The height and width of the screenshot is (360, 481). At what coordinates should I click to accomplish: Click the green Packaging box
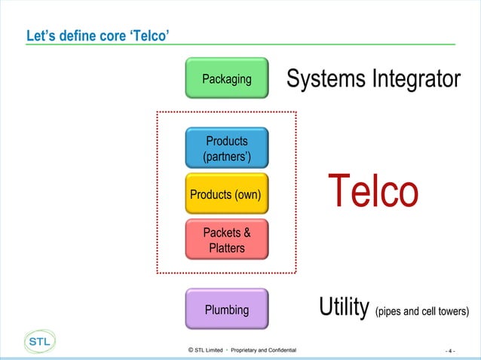click(227, 78)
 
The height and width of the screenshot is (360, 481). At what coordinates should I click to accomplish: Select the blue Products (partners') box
click(227, 148)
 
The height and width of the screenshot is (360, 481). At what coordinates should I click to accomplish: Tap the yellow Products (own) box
click(226, 195)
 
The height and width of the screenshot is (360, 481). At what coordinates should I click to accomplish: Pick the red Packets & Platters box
click(226, 240)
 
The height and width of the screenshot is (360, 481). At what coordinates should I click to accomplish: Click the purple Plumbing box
click(226, 309)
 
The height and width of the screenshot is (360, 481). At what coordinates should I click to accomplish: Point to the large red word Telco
click(372, 192)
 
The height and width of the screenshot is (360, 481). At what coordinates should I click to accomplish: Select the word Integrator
click(417, 78)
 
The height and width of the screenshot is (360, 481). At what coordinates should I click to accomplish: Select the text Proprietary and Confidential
click(263, 350)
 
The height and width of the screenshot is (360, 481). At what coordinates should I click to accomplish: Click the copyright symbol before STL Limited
click(190, 350)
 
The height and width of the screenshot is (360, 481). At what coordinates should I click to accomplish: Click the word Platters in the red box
click(226, 248)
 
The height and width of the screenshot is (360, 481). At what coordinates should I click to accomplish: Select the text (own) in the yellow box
click(247, 195)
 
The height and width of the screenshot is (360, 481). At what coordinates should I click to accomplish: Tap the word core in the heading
click(113, 35)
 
